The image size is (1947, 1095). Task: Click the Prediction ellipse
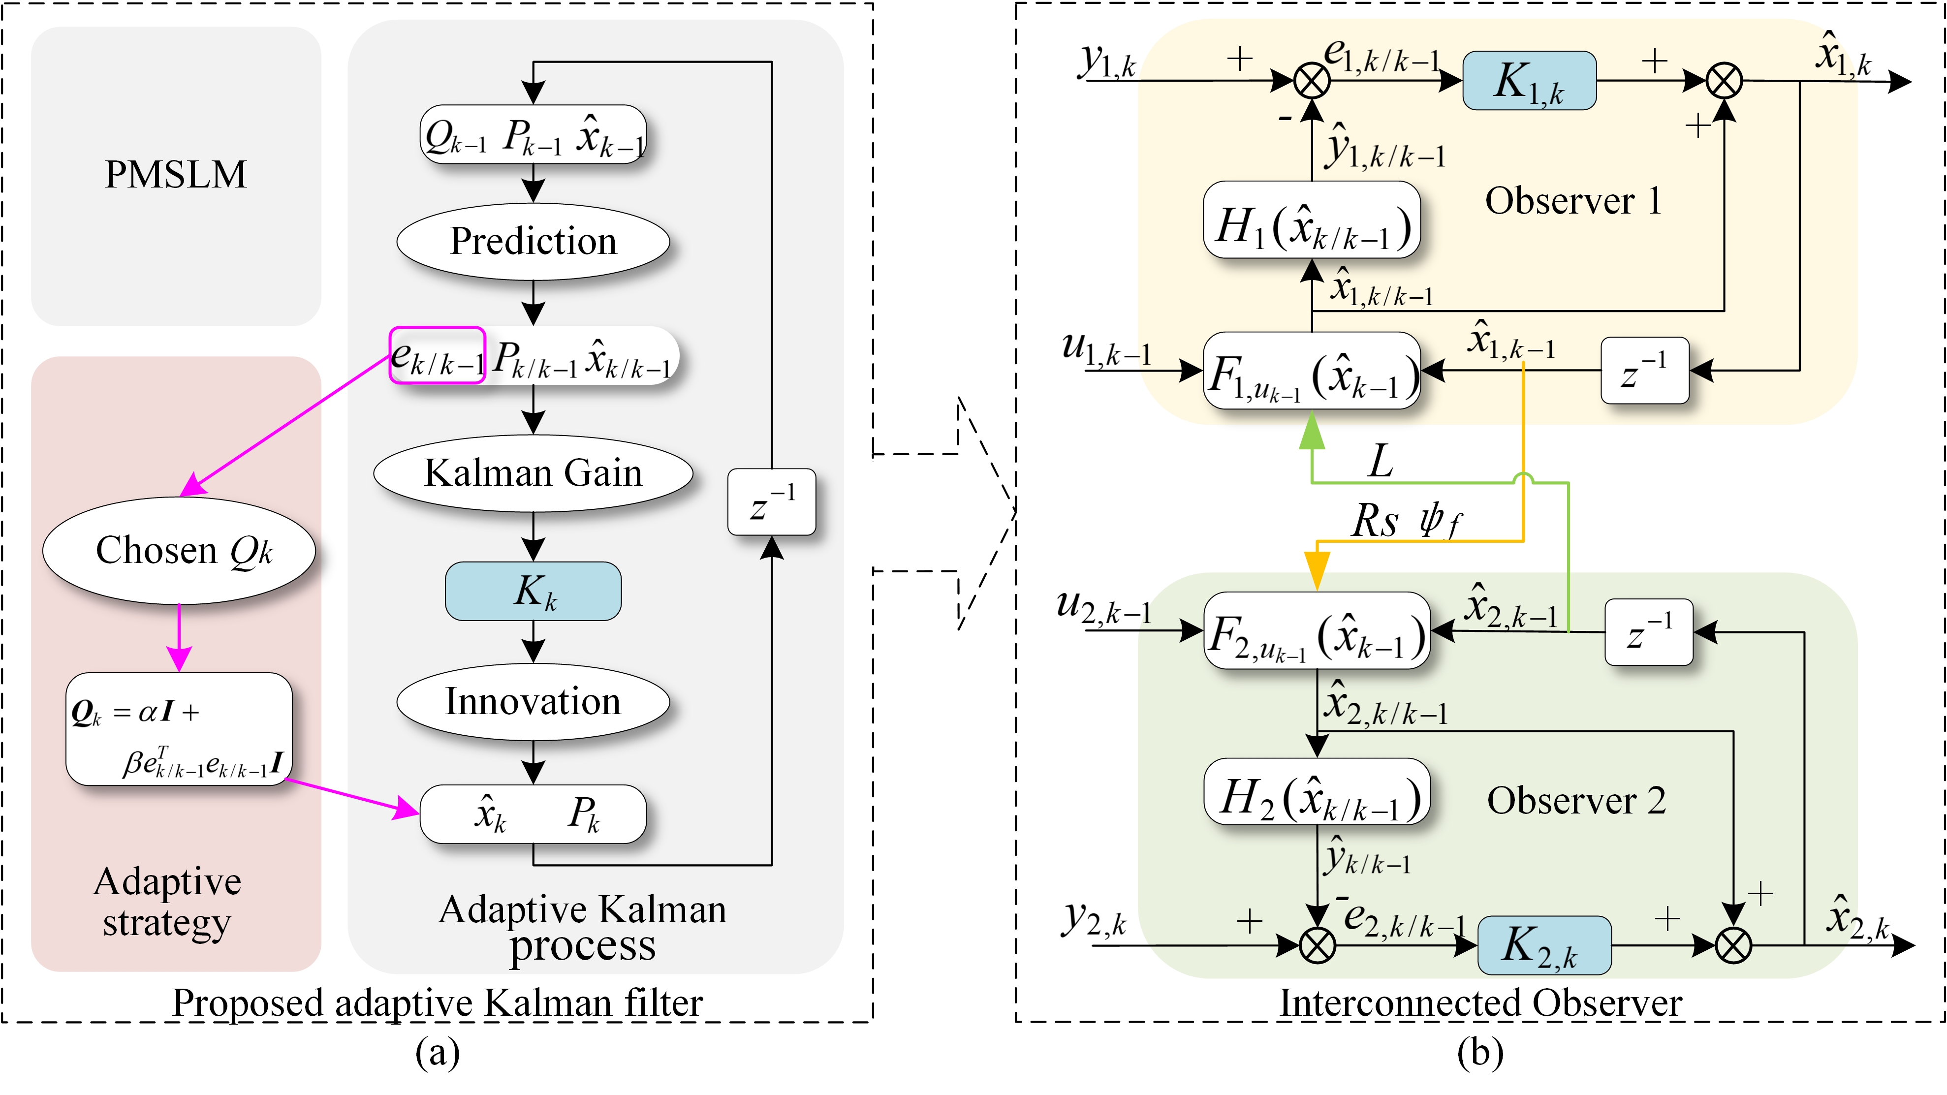tap(533, 242)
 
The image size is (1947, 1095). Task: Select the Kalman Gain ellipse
tap(533, 473)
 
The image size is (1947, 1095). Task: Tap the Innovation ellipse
tap(533, 701)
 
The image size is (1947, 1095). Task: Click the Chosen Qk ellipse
tap(179, 550)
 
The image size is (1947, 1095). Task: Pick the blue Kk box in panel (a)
tap(533, 591)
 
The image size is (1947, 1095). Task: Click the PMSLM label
tap(175, 175)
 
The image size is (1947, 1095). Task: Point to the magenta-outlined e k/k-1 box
tap(437, 355)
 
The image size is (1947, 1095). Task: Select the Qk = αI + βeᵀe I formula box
tap(179, 729)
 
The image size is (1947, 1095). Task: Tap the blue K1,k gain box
tap(1529, 81)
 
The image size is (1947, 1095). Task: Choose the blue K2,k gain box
tap(1543, 945)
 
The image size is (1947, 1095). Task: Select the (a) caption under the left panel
tap(437, 1052)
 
